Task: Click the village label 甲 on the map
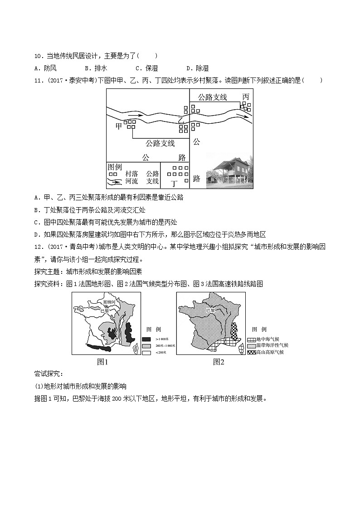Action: point(119,126)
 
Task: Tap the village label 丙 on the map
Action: point(245,97)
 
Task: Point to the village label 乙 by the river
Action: point(180,121)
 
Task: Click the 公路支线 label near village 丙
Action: point(212,97)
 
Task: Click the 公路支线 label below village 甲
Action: point(160,143)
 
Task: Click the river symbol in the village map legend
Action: point(115,181)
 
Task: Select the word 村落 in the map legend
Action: point(131,174)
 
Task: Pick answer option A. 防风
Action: point(45,68)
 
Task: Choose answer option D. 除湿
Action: point(198,68)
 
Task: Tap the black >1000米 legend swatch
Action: point(146,339)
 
